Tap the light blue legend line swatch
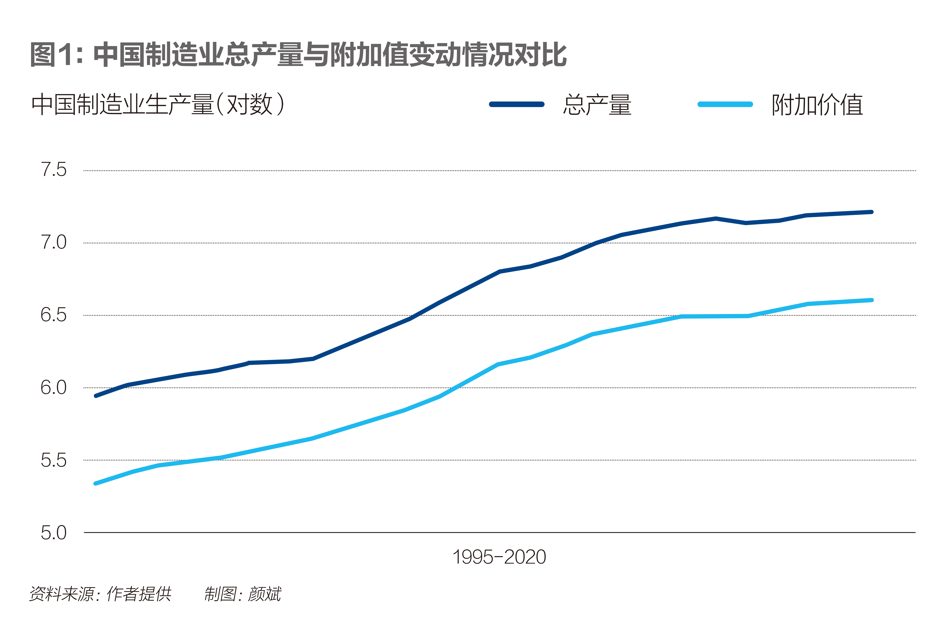tap(725, 104)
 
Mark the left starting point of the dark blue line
tap(96, 396)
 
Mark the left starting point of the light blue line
tap(96, 483)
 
